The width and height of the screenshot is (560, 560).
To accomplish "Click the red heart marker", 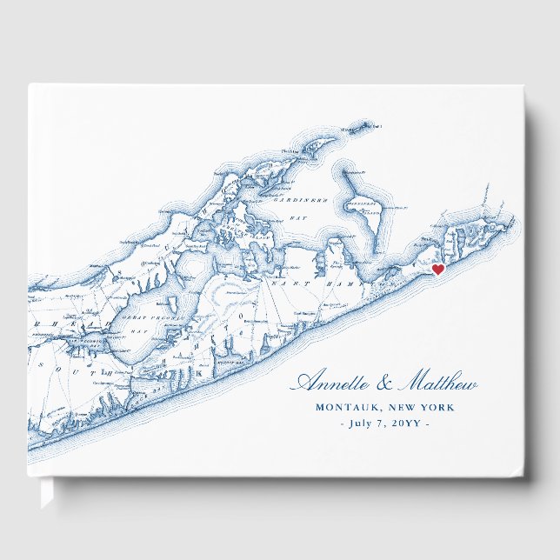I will click(x=439, y=270).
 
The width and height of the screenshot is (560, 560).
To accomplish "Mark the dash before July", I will click(x=341, y=423).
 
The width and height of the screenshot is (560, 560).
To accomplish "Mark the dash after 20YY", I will click(x=425, y=423).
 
